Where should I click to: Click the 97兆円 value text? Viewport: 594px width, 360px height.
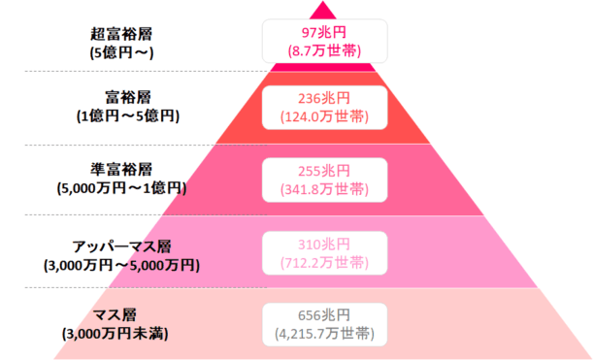pyautogui.click(x=324, y=30)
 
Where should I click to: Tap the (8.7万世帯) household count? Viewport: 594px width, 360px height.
pyautogui.click(x=324, y=48)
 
